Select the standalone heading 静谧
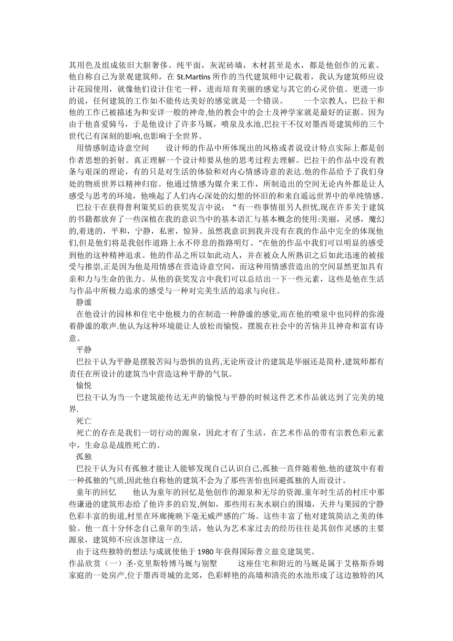click(x=84, y=302)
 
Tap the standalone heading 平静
click(x=84, y=350)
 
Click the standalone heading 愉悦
click(x=84, y=385)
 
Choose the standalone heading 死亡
click(x=84, y=421)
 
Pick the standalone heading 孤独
click(x=84, y=456)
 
